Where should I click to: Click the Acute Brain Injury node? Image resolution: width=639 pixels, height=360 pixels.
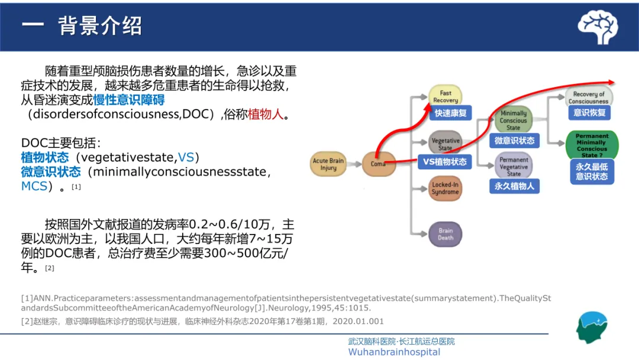(328, 164)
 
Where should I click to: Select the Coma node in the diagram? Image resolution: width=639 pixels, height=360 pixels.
(378, 164)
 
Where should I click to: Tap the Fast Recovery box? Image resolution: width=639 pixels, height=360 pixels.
(445, 97)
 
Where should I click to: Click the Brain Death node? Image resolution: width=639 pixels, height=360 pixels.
(445, 234)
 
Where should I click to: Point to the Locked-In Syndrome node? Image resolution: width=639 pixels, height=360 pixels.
(445, 188)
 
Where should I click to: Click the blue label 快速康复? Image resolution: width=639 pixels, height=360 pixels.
(451, 113)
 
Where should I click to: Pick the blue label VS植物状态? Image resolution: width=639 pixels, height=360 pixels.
(445, 162)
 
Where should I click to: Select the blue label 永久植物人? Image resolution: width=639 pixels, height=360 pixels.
(514, 186)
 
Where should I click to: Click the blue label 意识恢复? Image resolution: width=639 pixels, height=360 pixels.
(589, 112)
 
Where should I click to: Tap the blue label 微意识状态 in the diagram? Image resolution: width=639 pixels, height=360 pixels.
(514, 140)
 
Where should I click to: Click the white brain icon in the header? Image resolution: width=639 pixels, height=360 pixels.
(598, 27)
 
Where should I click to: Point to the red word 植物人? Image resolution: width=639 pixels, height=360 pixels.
(266, 114)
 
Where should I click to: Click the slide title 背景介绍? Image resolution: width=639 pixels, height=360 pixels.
(100, 26)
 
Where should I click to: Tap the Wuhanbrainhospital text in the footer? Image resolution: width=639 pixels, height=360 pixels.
(394, 352)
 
